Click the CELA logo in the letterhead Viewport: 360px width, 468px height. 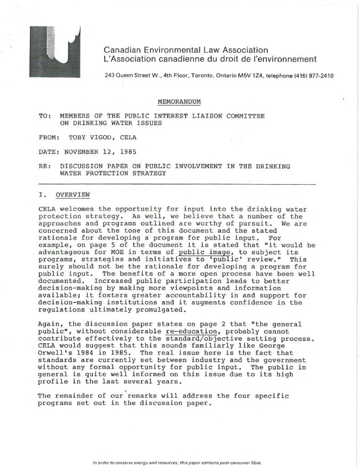pyautogui.click(x=54, y=51)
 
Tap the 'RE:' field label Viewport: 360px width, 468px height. pyautogui.click(x=45, y=166)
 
